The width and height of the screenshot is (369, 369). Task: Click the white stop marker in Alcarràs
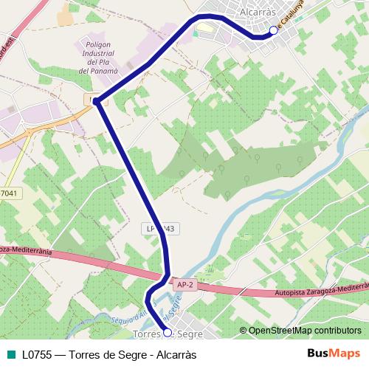tap(273, 30)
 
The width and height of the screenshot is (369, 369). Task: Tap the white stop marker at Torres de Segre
tap(167, 333)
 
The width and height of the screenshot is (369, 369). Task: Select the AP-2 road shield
tap(184, 282)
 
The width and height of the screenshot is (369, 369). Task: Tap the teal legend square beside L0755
tap(10, 354)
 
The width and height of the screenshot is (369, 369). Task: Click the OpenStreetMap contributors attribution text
tap(305, 330)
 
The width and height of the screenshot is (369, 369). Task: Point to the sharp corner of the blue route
tap(97, 100)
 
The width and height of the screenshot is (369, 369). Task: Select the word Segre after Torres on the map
tap(191, 334)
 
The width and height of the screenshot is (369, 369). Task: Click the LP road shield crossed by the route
tap(159, 230)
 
